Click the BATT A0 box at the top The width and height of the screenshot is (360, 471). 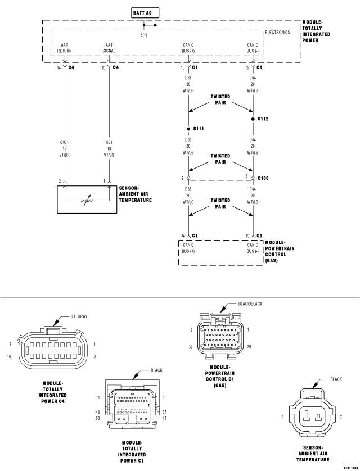[145, 13]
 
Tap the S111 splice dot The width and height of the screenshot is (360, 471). [188, 129]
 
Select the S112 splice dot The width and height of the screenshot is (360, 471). [253, 119]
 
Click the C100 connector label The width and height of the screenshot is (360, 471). [263, 178]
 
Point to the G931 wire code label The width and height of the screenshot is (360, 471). [64, 142]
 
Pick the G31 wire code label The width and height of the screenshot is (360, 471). [109, 142]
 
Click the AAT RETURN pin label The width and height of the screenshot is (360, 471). [64, 48]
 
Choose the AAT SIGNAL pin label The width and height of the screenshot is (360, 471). [109, 48]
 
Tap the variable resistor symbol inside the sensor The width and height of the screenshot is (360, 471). [87, 201]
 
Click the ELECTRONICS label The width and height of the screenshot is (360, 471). [277, 33]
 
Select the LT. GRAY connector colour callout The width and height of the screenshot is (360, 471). [79, 316]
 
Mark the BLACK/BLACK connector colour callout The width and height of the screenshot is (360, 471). [250, 304]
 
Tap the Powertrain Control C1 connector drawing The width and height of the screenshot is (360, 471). [220, 336]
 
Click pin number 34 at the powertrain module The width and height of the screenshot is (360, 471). [183, 236]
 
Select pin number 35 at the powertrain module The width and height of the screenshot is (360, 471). [247, 236]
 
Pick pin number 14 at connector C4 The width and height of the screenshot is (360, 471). [59, 67]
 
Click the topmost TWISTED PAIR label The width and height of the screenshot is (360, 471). [220, 99]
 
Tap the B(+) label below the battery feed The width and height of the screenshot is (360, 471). [144, 35]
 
